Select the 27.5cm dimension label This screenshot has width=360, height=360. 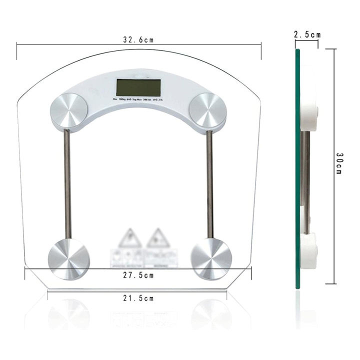click(138, 275)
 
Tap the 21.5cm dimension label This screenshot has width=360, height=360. click(138, 298)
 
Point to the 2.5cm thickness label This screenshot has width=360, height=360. click(307, 34)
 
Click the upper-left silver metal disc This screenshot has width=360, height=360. click(68, 110)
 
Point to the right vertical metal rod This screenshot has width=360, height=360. click(210, 183)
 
